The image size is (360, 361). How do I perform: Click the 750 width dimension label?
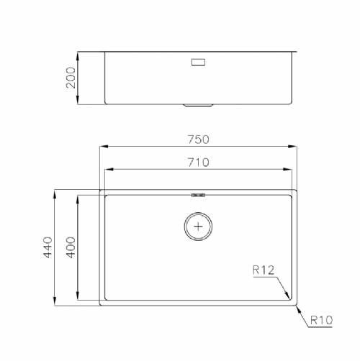(198, 140)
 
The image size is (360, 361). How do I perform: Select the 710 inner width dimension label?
(198, 163)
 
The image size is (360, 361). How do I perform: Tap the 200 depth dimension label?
(71, 78)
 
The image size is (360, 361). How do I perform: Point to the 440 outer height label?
(48, 247)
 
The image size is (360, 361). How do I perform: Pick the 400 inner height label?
(71, 247)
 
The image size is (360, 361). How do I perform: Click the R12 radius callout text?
(264, 270)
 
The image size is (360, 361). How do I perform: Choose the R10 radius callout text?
(321, 320)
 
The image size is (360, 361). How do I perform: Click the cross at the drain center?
(198, 227)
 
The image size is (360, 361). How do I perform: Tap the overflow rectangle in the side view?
(198, 62)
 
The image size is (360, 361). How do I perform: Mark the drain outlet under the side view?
(198, 105)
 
